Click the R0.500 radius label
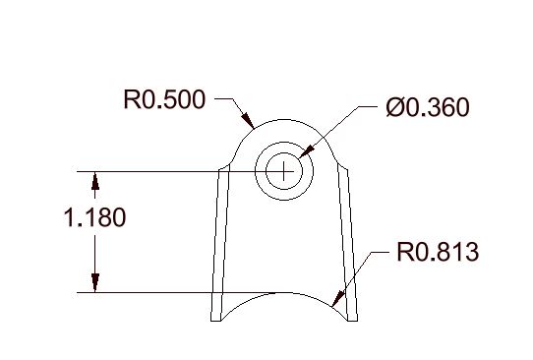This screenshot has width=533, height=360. coord(164,99)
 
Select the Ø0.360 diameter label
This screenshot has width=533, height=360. coord(428,107)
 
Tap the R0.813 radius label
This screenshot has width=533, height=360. coord(438,252)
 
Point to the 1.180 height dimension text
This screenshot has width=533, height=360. coord(94,217)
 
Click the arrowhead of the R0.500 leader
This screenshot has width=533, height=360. coord(248,120)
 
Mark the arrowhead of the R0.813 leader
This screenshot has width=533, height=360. coord(337,299)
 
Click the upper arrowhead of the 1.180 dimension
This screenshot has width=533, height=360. coord(95,181)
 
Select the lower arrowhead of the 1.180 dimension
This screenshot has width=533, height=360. coord(95,283)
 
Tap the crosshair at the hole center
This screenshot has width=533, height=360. coord(284,171)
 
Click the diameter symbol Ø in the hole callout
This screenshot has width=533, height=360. coord(394,107)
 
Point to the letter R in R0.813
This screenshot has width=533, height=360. coord(403,252)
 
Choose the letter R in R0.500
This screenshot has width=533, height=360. coord(131,99)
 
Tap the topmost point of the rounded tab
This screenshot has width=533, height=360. coord(284,120)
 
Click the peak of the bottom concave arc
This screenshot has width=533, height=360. coord(284,292)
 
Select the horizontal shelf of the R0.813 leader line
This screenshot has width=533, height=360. coord(379,252)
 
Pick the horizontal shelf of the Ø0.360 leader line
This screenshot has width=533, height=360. coord(368,106)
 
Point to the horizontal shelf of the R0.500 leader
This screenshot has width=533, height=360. coord(224,99)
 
